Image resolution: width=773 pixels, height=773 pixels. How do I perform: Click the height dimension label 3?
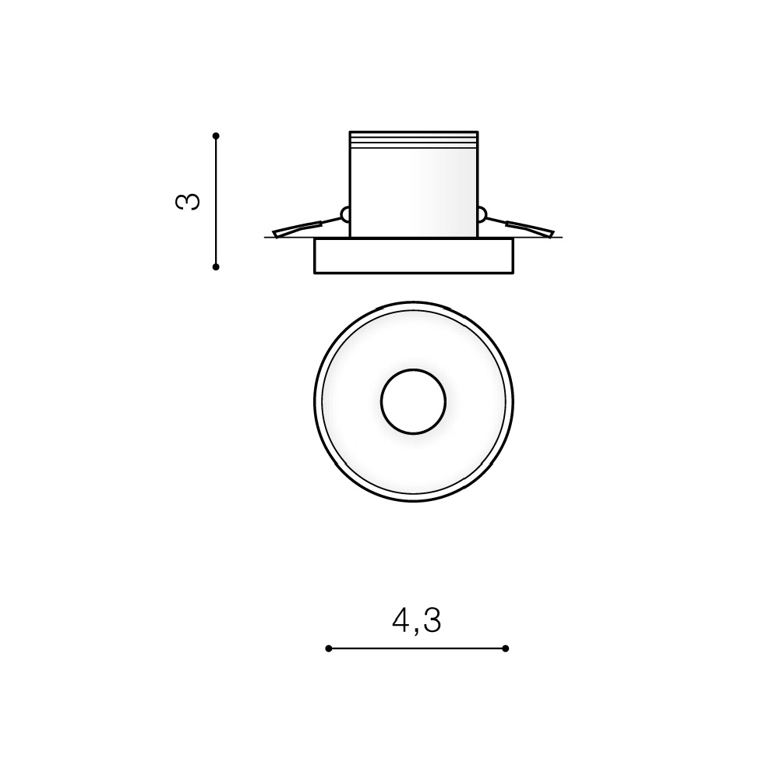[x=188, y=202]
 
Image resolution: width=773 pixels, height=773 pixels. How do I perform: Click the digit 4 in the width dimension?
[x=401, y=619]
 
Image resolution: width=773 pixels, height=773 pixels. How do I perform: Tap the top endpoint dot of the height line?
[x=216, y=136]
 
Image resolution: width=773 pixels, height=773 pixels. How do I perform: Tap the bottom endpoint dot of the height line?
[x=216, y=266]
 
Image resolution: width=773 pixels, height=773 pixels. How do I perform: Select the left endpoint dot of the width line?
[x=329, y=648]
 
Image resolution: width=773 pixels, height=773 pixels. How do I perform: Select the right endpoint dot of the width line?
[x=505, y=648]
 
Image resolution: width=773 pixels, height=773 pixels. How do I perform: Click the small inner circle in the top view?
[x=413, y=402]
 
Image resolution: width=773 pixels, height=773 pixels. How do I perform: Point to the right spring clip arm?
[x=521, y=227]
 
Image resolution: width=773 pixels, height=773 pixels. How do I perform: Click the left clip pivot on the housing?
[x=345, y=215]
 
